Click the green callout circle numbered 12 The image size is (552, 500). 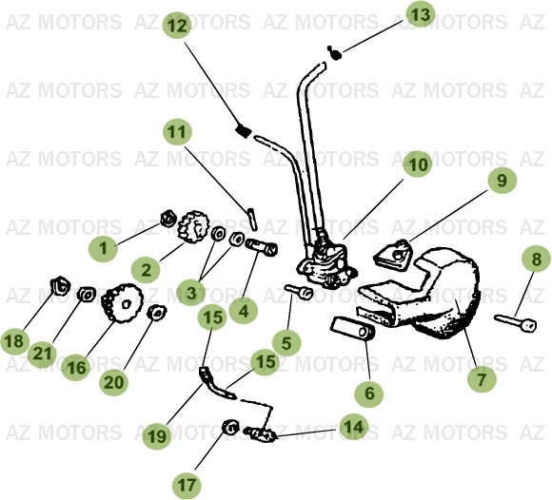pos(176,26)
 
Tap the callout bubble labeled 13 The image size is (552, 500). pos(420,13)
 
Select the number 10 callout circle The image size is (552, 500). pos(418,164)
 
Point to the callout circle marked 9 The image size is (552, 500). pos(502,178)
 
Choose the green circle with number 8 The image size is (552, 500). pos(536,258)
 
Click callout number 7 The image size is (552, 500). pos(482,379)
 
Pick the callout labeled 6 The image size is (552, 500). pos(369,392)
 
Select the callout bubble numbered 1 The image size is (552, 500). pos(106,249)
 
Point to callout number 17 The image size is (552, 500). pos(187,485)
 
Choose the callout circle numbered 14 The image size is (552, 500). pos(353,428)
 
